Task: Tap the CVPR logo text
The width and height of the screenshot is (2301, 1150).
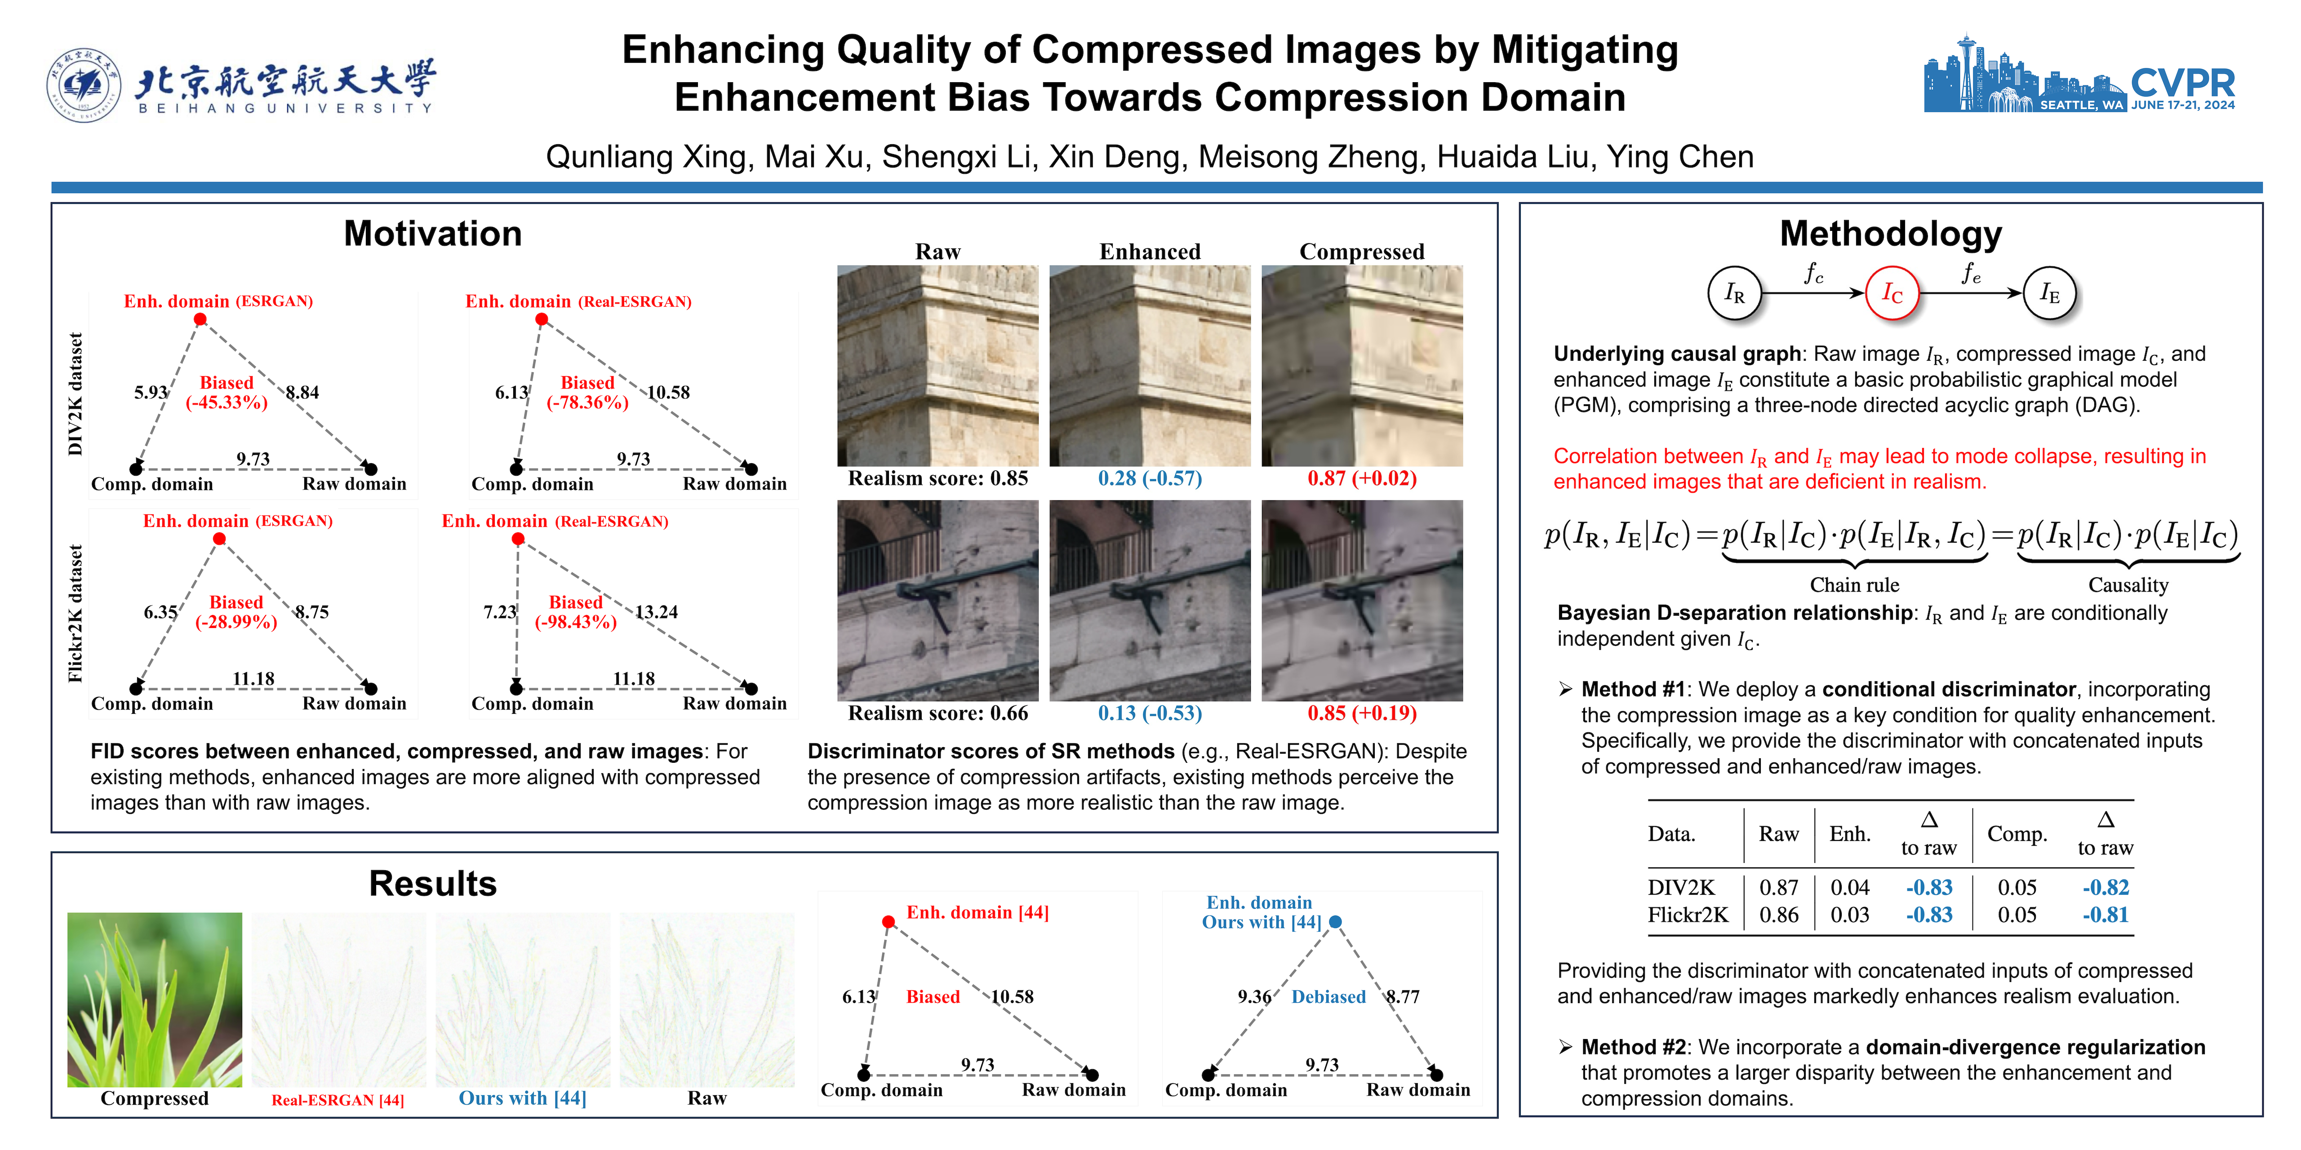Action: (2182, 83)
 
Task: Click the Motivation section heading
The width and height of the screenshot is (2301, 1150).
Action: (432, 234)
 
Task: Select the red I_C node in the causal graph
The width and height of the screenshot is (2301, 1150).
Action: (1892, 293)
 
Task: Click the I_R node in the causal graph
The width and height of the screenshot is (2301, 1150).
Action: (1734, 293)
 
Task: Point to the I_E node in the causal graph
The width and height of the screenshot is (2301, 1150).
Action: (2049, 293)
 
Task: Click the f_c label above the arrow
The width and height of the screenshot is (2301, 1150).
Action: (1813, 273)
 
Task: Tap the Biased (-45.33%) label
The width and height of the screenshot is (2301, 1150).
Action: (227, 392)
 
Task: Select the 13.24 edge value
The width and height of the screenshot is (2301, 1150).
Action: (657, 611)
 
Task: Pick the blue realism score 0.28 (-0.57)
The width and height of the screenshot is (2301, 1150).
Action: (1150, 478)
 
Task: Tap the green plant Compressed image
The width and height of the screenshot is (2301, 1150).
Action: (155, 999)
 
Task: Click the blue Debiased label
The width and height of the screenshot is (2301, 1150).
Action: (1328, 996)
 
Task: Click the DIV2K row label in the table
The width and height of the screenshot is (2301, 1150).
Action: (1681, 888)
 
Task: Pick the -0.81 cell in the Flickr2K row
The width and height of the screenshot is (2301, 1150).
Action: (2106, 915)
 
